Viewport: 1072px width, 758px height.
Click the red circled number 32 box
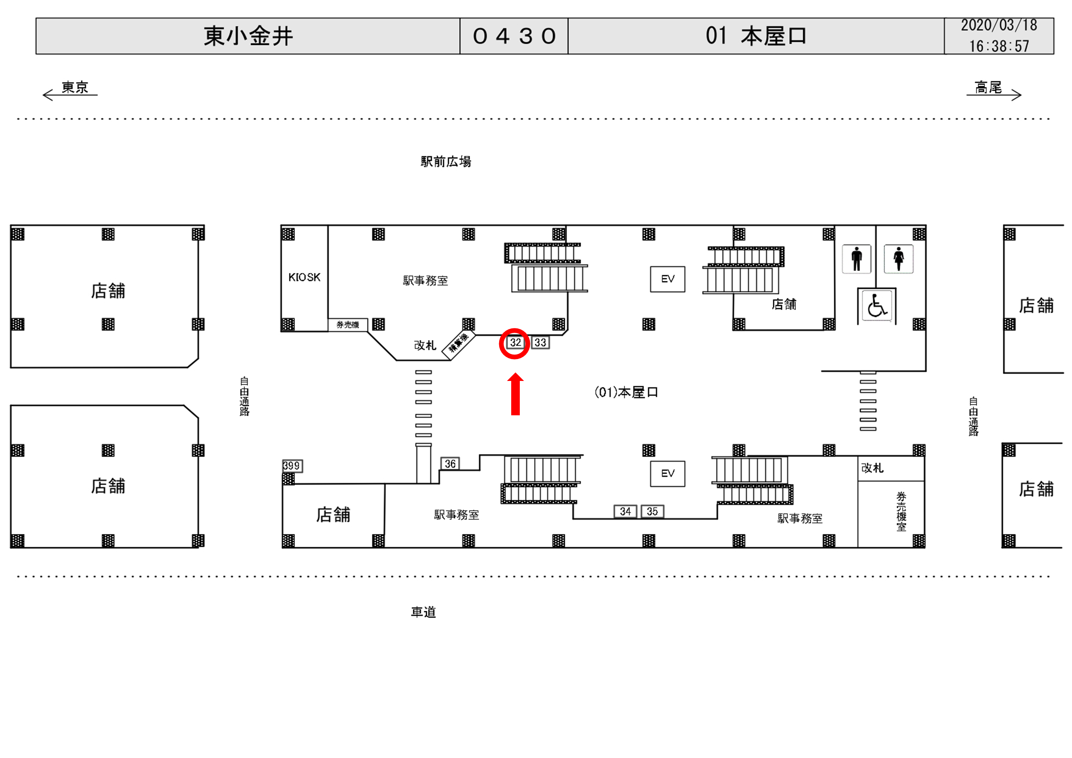(515, 343)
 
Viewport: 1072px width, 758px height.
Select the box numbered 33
(540, 343)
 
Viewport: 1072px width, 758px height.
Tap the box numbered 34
(625, 512)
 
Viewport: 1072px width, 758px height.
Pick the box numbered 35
(652, 512)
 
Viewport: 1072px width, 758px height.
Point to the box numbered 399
(292, 466)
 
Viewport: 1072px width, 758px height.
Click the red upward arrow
(515, 394)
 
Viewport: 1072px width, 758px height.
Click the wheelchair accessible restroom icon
(877, 306)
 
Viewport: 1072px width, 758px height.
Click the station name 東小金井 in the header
(248, 36)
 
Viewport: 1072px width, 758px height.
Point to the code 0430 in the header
(514, 36)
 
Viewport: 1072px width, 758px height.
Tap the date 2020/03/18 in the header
(999, 26)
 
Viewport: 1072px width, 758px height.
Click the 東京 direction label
(75, 87)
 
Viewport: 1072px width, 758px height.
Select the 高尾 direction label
(988, 87)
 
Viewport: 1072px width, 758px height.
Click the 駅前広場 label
(446, 162)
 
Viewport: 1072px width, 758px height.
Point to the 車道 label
(423, 612)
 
